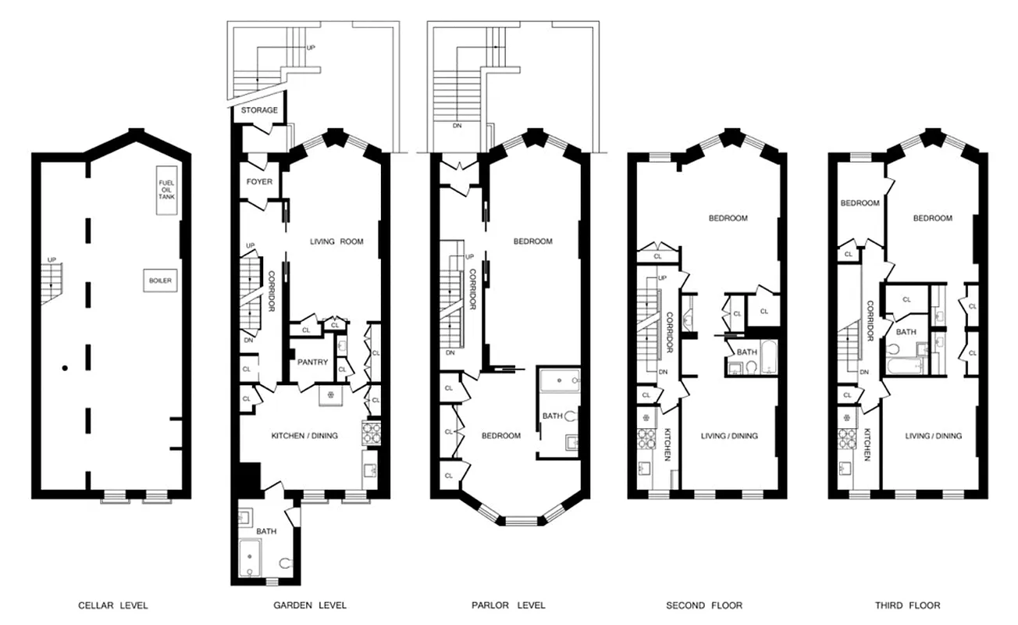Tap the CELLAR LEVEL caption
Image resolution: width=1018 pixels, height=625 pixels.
[x=112, y=605]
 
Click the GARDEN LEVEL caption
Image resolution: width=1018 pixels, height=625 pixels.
[x=310, y=605]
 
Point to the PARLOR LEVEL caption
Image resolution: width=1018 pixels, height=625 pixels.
[x=508, y=605]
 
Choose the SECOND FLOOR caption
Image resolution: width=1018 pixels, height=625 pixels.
[x=704, y=605]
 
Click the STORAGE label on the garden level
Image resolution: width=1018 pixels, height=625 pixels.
[x=258, y=110]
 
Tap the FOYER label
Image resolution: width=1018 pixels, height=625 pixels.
[x=259, y=182]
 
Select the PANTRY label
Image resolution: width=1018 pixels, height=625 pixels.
[x=312, y=362]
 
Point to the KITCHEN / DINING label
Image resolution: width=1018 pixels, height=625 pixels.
[x=304, y=435]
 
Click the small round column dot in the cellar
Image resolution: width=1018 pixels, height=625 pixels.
[x=66, y=367]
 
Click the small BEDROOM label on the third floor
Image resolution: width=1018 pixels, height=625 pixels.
[x=860, y=203]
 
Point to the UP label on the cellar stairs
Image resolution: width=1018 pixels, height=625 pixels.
[x=52, y=259]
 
